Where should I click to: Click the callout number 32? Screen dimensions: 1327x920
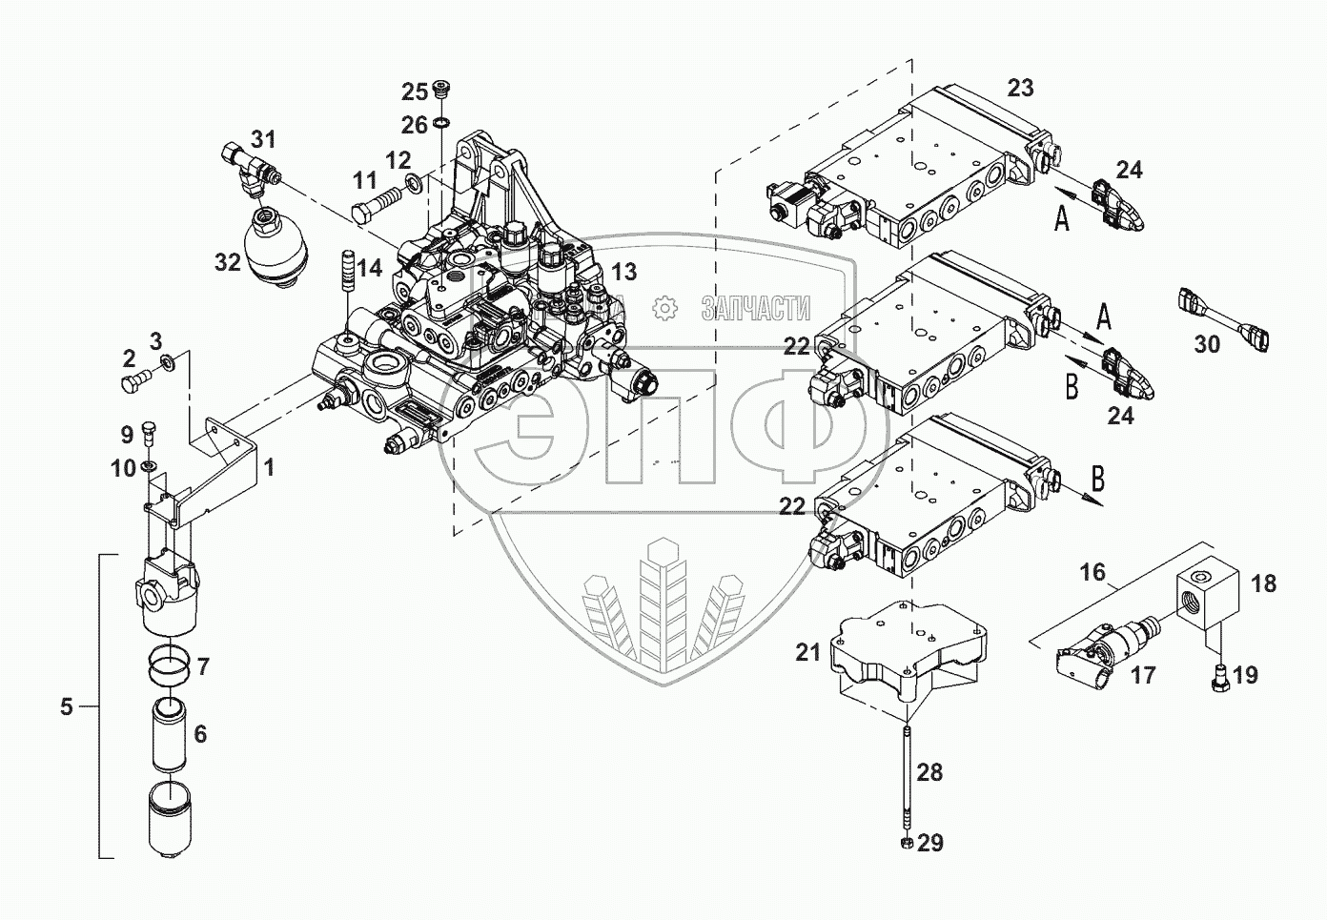[228, 262]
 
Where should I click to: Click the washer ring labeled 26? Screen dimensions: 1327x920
[440, 123]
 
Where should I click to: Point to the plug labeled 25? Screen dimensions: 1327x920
[441, 90]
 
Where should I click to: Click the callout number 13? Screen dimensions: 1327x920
[623, 272]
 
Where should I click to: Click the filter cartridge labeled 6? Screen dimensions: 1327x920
[170, 735]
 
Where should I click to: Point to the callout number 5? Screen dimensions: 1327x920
[67, 706]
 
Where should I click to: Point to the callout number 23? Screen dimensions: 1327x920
[1020, 88]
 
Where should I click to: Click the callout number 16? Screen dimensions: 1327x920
[1092, 572]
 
